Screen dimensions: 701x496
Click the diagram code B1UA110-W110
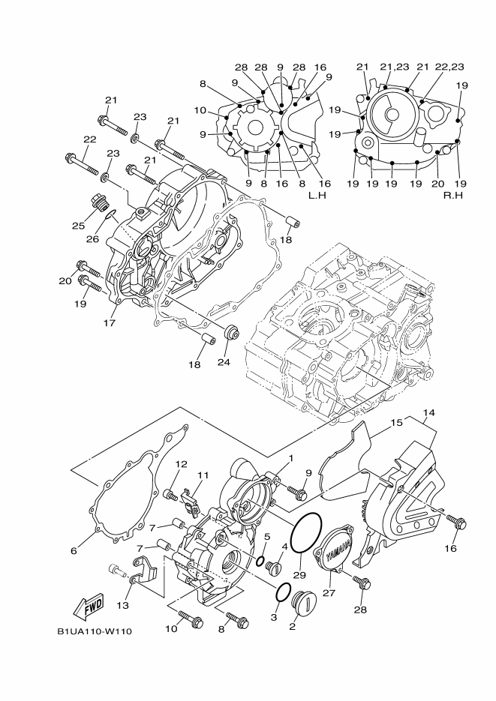[94, 631]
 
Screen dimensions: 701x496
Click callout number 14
[428, 412]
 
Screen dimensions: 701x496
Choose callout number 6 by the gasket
[74, 551]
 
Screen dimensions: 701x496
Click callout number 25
[78, 226]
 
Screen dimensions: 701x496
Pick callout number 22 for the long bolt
[90, 139]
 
